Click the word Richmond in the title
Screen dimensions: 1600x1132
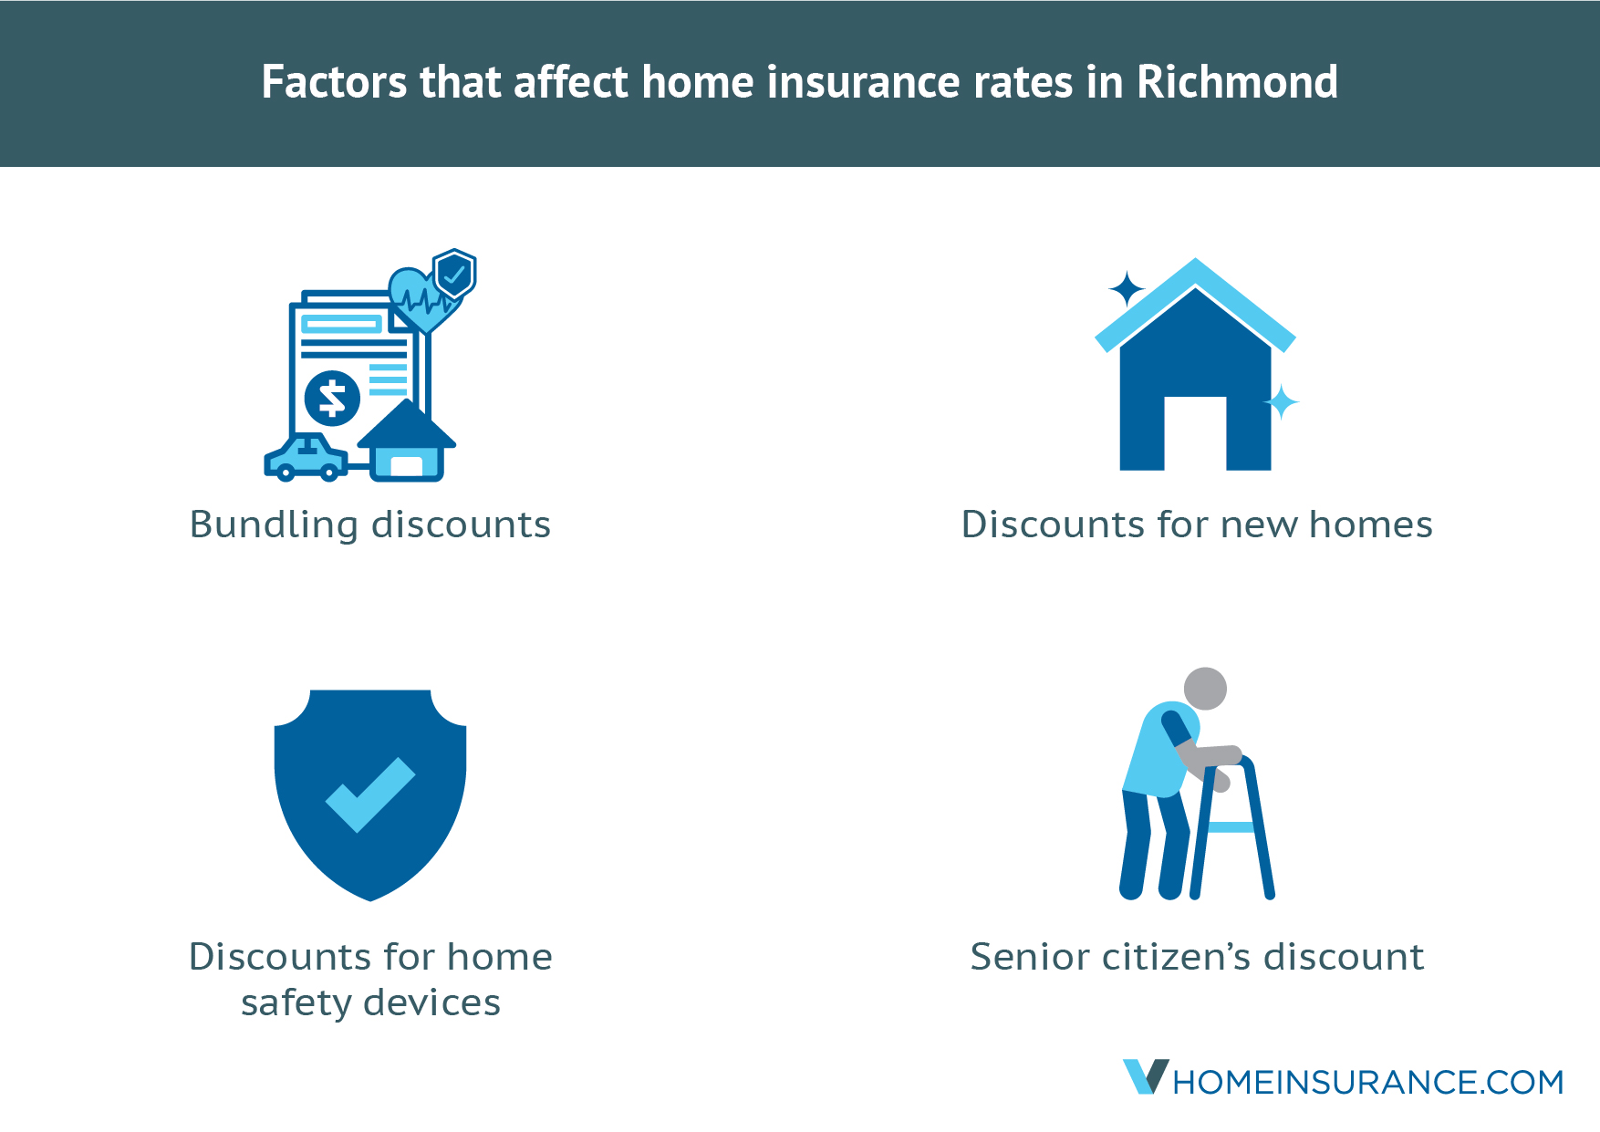(1237, 82)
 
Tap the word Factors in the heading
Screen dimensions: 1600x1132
(335, 82)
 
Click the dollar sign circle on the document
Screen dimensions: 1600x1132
(332, 399)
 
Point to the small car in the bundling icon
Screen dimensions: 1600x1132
(306, 459)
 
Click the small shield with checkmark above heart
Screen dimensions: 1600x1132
(454, 273)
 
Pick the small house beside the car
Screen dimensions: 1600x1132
(407, 441)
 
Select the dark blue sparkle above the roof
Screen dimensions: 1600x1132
(1127, 289)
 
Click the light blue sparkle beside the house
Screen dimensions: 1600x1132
(1281, 401)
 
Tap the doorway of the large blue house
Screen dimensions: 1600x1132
(1195, 433)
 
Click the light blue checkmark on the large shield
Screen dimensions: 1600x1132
(370, 794)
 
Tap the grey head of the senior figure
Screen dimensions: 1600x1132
(1205, 689)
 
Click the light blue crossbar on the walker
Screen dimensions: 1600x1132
(1231, 827)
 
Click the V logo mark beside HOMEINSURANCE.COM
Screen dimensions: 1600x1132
(1145, 1076)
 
